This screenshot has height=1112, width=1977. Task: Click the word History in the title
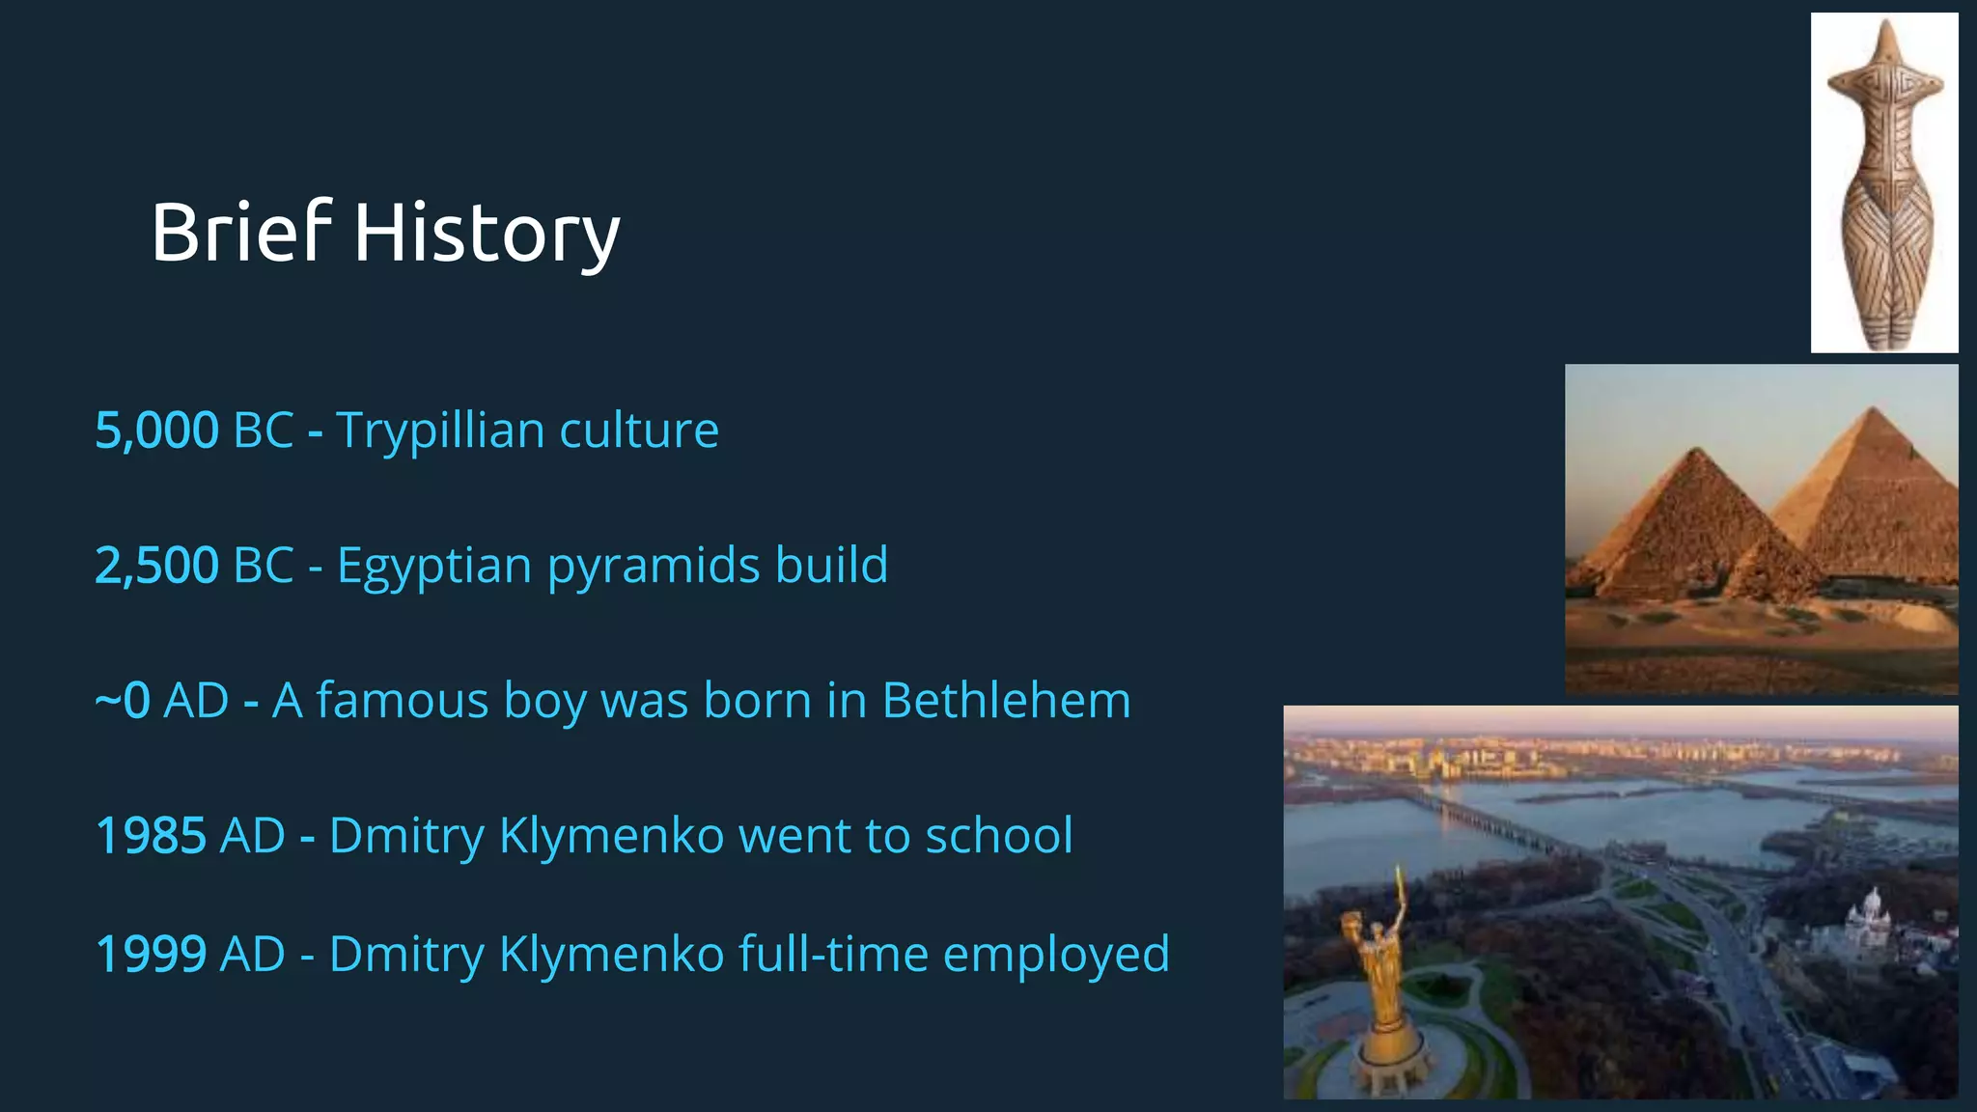pyautogui.click(x=487, y=234)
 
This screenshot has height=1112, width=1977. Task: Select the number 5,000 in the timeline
pyautogui.click(x=157, y=431)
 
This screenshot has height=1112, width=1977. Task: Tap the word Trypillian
pyautogui.click(x=439, y=431)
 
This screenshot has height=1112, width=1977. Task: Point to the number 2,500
pyautogui.click(x=157, y=566)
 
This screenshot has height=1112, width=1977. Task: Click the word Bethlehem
pyautogui.click(x=1006, y=701)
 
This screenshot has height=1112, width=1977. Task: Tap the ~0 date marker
pyautogui.click(x=123, y=701)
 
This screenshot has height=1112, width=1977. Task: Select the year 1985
pyautogui.click(x=151, y=836)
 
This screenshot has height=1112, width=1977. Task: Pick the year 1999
pyautogui.click(x=151, y=955)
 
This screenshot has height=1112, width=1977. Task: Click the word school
pyautogui.click(x=998, y=836)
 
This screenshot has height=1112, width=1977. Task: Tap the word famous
pyautogui.click(x=403, y=701)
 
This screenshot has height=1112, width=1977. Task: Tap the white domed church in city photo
pyautogui.click(x=1870, y=918)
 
